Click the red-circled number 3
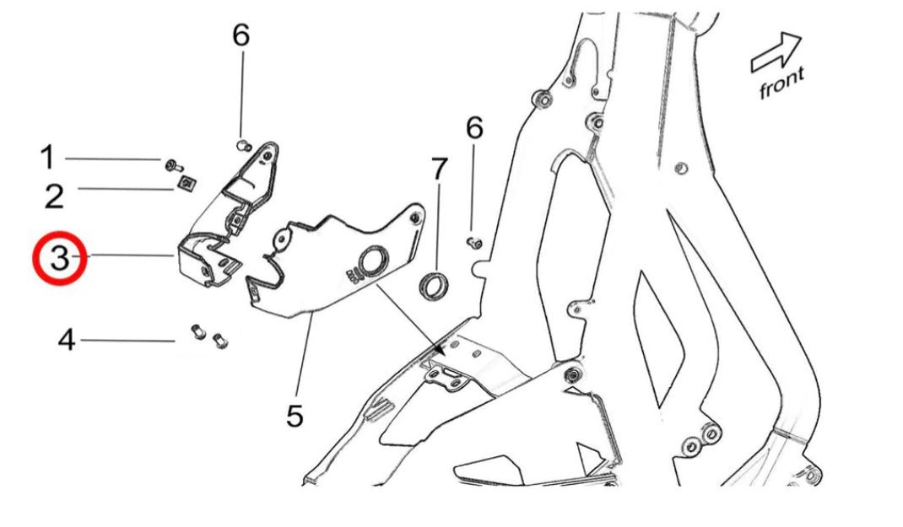pos(60,258)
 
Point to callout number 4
pos(67,341)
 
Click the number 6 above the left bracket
pos(241,35)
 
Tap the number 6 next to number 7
pos(475,129)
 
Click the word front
pos(781,83)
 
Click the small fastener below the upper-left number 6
pos(242,145)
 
